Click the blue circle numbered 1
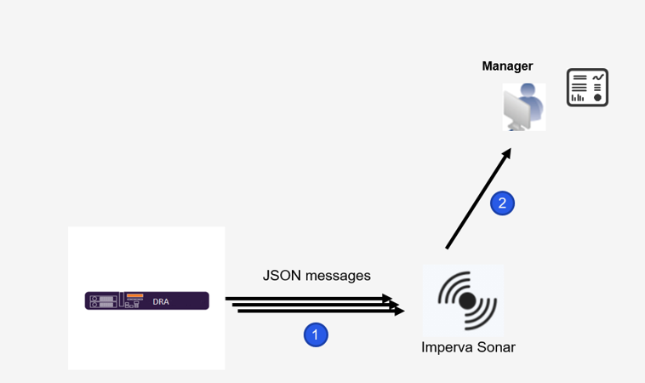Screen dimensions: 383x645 coord(316,335)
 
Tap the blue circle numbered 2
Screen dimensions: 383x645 coord(502,203)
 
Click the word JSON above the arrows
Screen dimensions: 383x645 coord(279,276)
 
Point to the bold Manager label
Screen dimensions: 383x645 coord(507,66)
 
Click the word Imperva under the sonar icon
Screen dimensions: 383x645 coord(448,347)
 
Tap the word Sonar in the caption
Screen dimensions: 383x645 coord(497,347)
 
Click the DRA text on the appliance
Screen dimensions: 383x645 coord(160,301)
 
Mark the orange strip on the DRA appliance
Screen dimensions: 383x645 coord(134,295)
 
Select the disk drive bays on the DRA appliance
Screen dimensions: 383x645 coord(101,301)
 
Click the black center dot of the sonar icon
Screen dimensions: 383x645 coord(466,300)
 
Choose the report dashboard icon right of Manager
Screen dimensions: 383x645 coord(588,88)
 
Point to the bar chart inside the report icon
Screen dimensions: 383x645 coord(579,97)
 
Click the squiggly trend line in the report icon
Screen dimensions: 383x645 coord(599,79)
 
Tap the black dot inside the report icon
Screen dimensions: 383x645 coord(599,97)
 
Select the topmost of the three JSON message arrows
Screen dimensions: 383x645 coord(306,299)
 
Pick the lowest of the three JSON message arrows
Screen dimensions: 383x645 coord(319,312)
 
